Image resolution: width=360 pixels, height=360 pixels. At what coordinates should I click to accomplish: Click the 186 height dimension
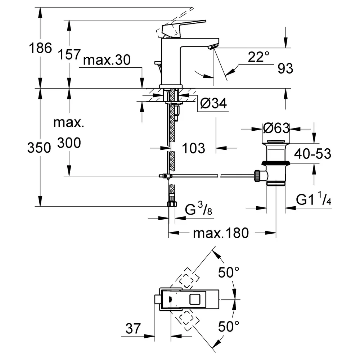click(40, 48)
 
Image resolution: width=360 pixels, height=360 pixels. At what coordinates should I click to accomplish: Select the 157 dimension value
click(69, 55)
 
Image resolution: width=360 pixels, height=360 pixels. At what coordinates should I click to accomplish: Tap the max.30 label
click(107, 60)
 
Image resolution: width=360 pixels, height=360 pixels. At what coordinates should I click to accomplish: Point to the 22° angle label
click(258, 57)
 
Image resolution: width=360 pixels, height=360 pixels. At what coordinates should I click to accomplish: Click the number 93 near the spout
click(285, 68)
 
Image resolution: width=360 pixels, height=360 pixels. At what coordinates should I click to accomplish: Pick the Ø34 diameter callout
click(213, 103)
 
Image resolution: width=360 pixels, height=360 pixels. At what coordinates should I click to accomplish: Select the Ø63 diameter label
click(276, 128)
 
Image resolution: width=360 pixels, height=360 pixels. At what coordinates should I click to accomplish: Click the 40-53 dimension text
click(313, 154)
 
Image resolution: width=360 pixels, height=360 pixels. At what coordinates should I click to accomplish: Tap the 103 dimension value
click(193, 148)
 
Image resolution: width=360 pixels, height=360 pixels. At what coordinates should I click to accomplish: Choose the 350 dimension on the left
click(39, 147)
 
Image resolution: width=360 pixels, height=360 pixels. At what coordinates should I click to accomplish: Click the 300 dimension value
click(69, 143)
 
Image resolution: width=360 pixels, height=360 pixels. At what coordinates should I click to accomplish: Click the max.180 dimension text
click(221, 233)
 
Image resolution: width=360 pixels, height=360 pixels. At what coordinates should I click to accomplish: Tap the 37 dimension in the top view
click(133, 329)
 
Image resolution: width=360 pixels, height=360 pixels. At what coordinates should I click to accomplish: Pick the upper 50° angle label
click(229, 273)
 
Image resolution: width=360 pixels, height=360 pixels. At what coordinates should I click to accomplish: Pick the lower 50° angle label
click(229, 327)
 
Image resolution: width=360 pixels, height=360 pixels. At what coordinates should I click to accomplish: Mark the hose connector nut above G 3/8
click(172, 203)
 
